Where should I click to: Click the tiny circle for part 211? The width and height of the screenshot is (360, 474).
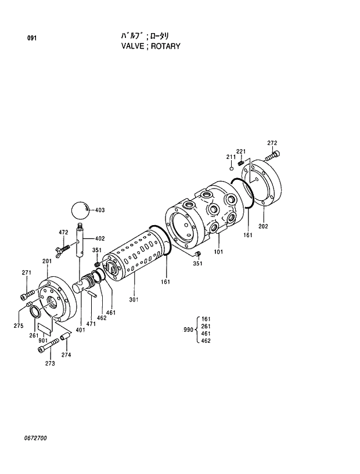232,168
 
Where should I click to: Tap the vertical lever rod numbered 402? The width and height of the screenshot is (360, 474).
81,240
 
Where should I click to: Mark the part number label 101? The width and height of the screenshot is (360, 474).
219,252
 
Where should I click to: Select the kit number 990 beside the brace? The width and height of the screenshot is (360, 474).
188,330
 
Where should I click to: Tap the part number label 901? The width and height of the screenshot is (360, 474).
44,340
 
